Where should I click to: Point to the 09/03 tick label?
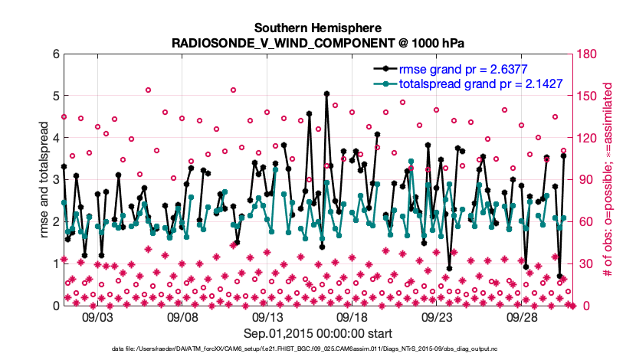click(97, 317)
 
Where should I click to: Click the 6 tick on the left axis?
click(55, 54)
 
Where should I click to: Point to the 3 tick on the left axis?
click(55, 180)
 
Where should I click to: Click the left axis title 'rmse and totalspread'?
click(45, 180)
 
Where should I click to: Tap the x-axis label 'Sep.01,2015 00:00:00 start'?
click(317, 333)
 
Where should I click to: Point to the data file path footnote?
click(317, 349)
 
